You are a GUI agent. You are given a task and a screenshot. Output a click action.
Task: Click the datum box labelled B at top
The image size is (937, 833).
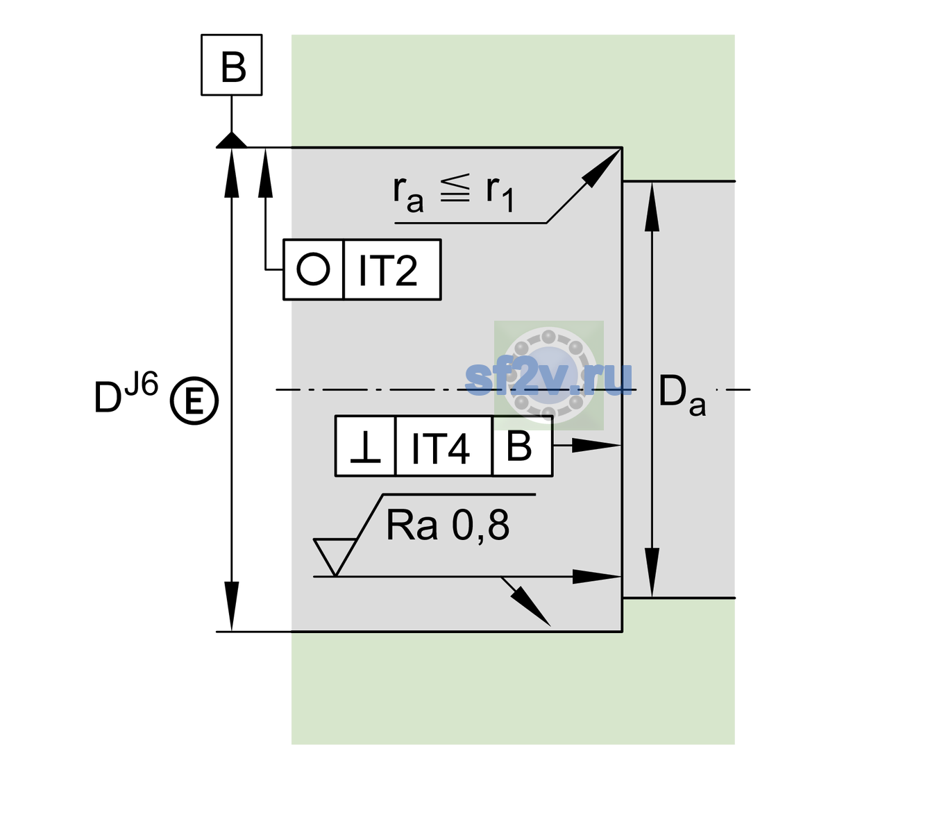click(231, 65)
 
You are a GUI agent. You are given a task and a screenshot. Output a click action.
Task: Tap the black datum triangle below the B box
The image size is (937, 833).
click(231, 141)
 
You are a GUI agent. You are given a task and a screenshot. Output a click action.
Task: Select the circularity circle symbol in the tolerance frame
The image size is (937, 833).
click(313, 269)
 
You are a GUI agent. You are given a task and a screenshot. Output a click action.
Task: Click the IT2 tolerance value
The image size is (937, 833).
click(387, 271)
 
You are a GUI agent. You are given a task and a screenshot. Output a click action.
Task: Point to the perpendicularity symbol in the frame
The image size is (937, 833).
click(365, 447)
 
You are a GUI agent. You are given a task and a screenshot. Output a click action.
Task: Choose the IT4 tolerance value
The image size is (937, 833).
click(440, 448)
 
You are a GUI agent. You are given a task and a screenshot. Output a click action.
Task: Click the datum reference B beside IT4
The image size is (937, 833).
click(519, 446)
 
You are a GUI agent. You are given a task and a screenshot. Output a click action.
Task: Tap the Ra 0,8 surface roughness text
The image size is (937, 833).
click(448, 525)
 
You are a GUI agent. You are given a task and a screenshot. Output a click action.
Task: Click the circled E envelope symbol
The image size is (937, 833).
click(194, 401)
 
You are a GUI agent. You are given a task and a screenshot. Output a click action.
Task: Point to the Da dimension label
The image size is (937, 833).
click(682, 396)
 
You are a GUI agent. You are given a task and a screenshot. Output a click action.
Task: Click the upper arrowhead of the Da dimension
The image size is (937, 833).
click(652, 207)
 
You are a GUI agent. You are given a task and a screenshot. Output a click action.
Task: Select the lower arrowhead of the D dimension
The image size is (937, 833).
click(231, 607)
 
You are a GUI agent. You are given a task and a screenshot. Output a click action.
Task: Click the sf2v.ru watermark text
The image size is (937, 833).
click(548, 378)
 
